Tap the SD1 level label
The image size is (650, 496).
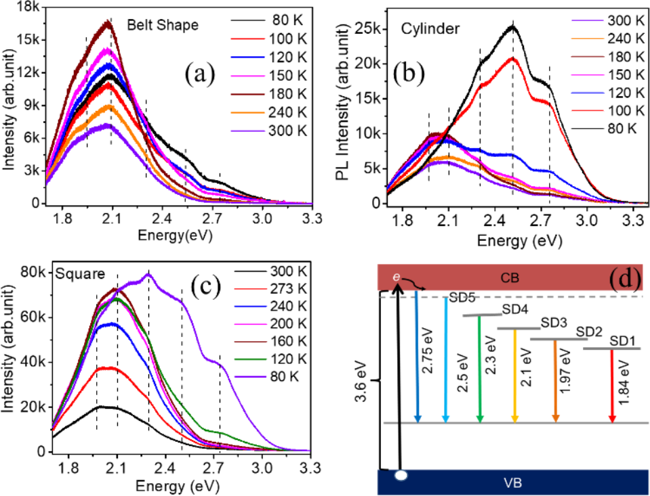click(x=622, y=342)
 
